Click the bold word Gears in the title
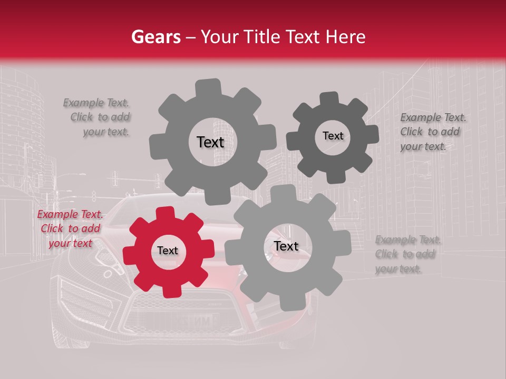(x=155, y=37)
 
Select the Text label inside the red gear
(x=168, y=251)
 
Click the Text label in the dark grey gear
(x=333, y=136)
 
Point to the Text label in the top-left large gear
(x=210, y=142)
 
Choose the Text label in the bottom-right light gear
(x=286, y=246)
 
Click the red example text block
(x=71, y=229)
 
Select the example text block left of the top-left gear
(x=98, y=117)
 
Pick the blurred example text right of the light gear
(x=406, y=254)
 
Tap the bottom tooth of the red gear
(x=167, y=291)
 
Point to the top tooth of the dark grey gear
(x=329, y=99)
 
